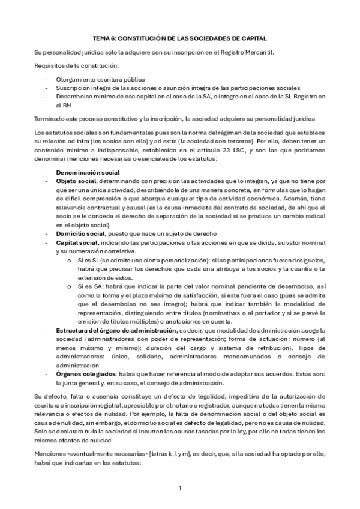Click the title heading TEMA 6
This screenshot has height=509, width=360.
tap(179, 37)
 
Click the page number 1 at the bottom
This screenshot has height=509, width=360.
tap(180, 488)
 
